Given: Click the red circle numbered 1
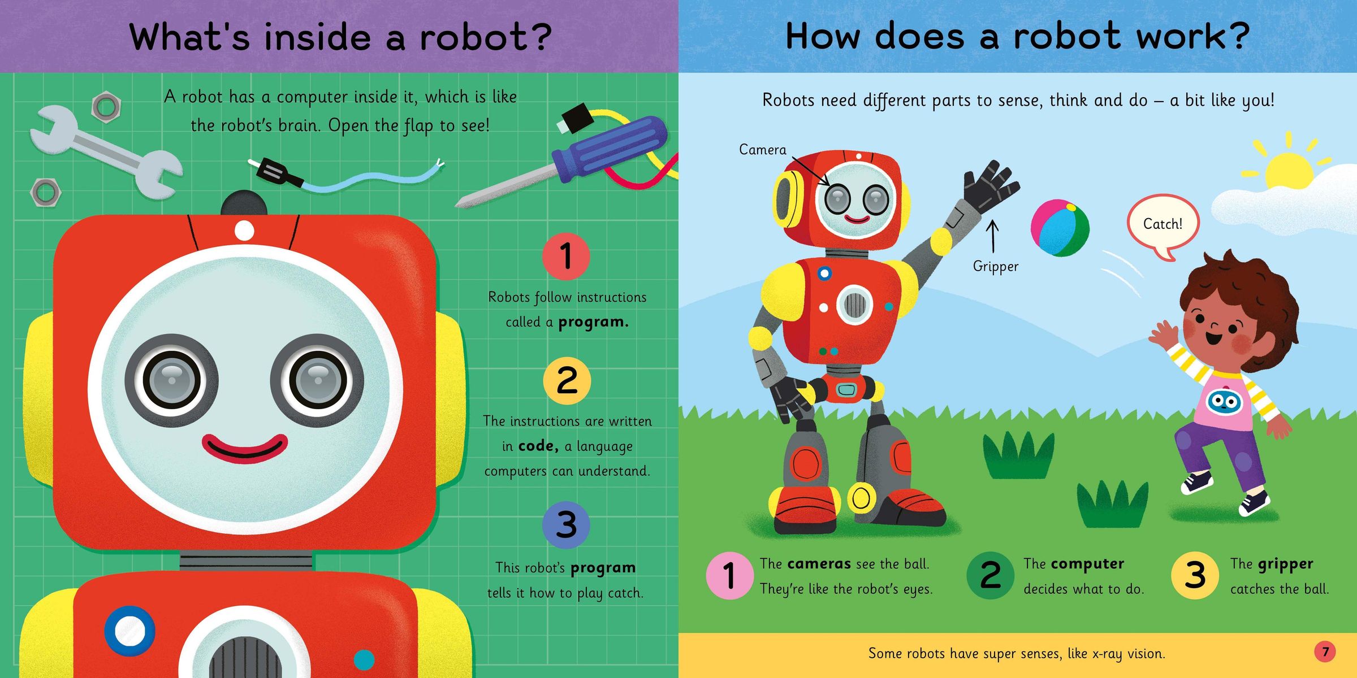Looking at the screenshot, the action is click(x=566, y=256).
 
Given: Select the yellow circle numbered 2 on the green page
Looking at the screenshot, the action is click(x=567, y=381).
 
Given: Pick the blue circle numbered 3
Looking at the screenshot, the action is click(x=566, y=525).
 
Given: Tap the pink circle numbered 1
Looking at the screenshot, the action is click(x=729, y=575).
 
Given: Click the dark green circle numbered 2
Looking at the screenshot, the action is click(x=991, y=575).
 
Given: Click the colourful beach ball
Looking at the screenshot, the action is click(x=1060, y=228).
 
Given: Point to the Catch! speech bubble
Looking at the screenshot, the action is click(x=1162, y=226).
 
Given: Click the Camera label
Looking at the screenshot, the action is click(x=763, y=150).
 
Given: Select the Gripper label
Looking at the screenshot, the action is click(x=996, y=267).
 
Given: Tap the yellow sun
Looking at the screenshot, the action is click(x=1289, y=169).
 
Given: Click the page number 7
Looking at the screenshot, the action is click(x=1325, y=651).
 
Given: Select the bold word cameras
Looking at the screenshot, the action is click(x=819, y=564).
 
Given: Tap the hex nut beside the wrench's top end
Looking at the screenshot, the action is click(x=106, y=106).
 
